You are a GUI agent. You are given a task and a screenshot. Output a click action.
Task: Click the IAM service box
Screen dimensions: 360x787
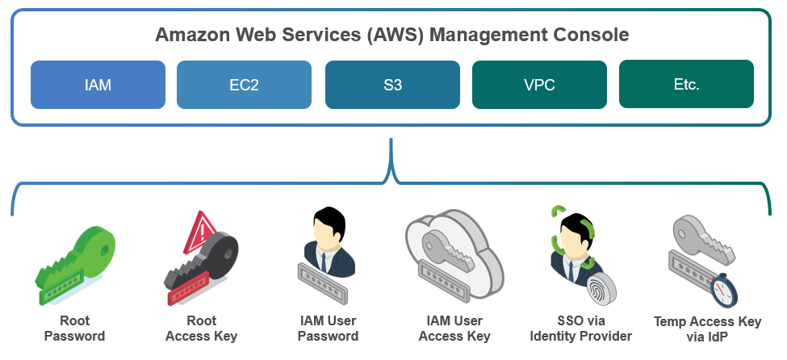click(98, 84)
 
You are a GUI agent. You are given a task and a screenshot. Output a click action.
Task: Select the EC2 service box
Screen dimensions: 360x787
click(244, 84)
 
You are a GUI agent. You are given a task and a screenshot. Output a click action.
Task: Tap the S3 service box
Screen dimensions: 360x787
click(392, 84)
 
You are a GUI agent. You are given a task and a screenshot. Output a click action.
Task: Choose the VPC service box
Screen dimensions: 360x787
click(539, 84)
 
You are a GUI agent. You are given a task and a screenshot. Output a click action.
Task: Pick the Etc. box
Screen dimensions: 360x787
click(686, 84)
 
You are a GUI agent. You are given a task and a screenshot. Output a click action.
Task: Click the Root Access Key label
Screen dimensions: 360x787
click(201, 329)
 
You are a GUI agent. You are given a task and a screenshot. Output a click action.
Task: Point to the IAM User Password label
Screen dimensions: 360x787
click(328, 329)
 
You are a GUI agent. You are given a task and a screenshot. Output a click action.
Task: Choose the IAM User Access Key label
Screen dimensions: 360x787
click(456, 329)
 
